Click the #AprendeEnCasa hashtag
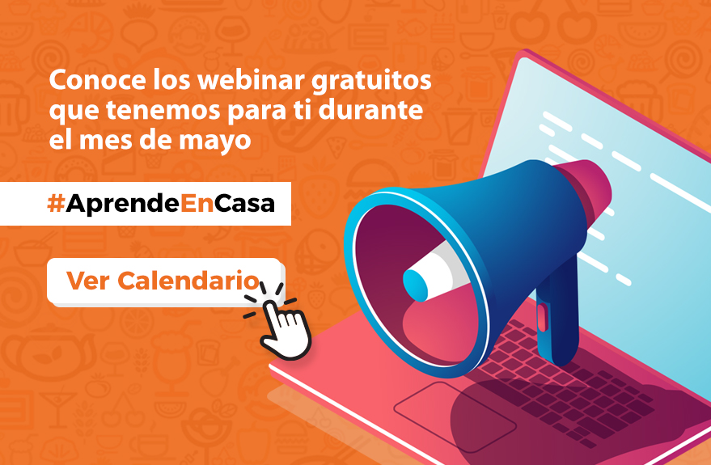coord(161,204)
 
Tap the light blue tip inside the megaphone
coord(416,282)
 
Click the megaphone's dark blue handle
coord(559,315)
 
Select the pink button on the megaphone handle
coord(542,315)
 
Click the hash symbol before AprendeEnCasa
coord(56,204)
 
